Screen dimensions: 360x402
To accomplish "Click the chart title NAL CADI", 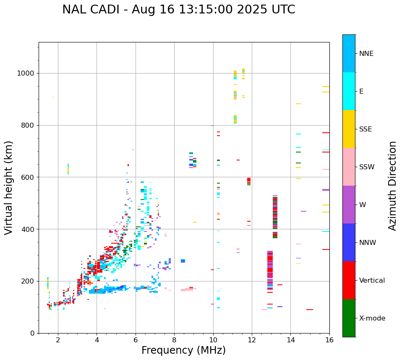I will [x=178, y=10].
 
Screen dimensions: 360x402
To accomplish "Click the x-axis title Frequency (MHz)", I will [x=183, y=350].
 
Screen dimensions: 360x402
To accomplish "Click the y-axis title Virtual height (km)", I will [x=9, y=188].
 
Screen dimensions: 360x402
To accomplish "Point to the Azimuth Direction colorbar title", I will [x=392, y=186].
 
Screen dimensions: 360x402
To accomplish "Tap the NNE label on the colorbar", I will [x=366, y=54].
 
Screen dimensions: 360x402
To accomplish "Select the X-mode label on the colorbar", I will [x=372, y=318].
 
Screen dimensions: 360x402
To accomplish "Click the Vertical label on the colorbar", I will [x=372, y=281].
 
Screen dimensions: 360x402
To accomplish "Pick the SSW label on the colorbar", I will [x=367, y=167].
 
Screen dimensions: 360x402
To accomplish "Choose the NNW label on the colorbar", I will [x=368, y=243].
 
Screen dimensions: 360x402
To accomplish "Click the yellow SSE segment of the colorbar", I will [x=349, y=129].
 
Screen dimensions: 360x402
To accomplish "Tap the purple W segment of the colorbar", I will [x=349, y=205].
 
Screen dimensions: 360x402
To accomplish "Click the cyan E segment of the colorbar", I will [x=349, y=91].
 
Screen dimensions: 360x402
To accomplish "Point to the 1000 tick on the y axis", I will [x=27, y=74].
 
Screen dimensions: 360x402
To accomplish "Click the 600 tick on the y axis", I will [x=29, y=177].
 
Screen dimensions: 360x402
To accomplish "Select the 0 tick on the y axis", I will [x=33, y=333].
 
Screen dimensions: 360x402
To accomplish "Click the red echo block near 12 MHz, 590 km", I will [x=249, y=180].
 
